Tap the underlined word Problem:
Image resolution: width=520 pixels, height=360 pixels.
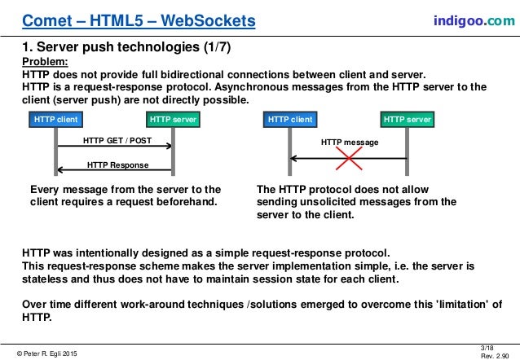pos(46,61)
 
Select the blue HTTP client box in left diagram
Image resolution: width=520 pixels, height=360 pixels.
pos(56,120)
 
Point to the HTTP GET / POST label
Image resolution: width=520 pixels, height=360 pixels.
pos(117,139)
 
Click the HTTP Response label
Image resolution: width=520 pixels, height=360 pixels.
pos(117,164)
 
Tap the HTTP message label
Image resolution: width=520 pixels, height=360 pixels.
pos(350,142)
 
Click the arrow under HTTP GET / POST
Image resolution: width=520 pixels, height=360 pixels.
pos(114,147)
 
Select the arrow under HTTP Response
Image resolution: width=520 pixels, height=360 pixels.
pos(114,171)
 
